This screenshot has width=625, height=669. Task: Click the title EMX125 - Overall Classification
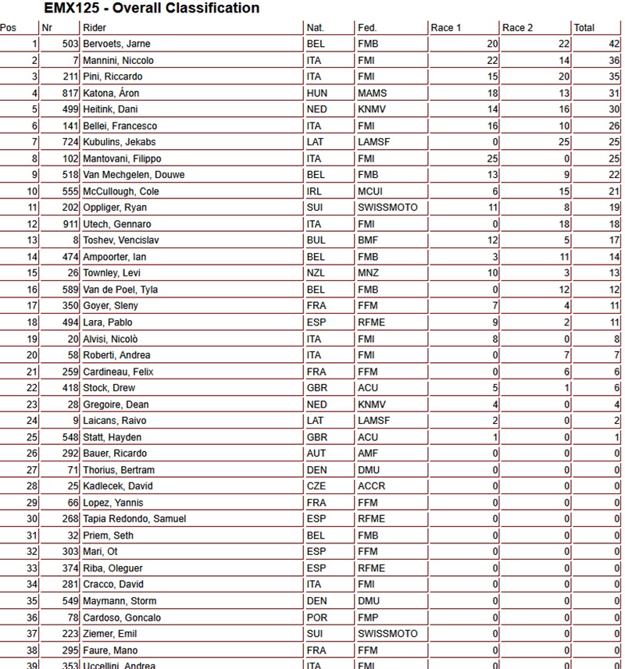point(152,9)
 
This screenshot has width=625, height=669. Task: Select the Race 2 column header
point(518,28)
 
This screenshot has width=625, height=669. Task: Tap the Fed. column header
point(367,28)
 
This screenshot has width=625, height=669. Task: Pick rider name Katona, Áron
point(110,93)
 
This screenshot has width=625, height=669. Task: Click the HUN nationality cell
point(317,93)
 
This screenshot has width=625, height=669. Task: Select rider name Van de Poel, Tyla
point(120,290)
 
